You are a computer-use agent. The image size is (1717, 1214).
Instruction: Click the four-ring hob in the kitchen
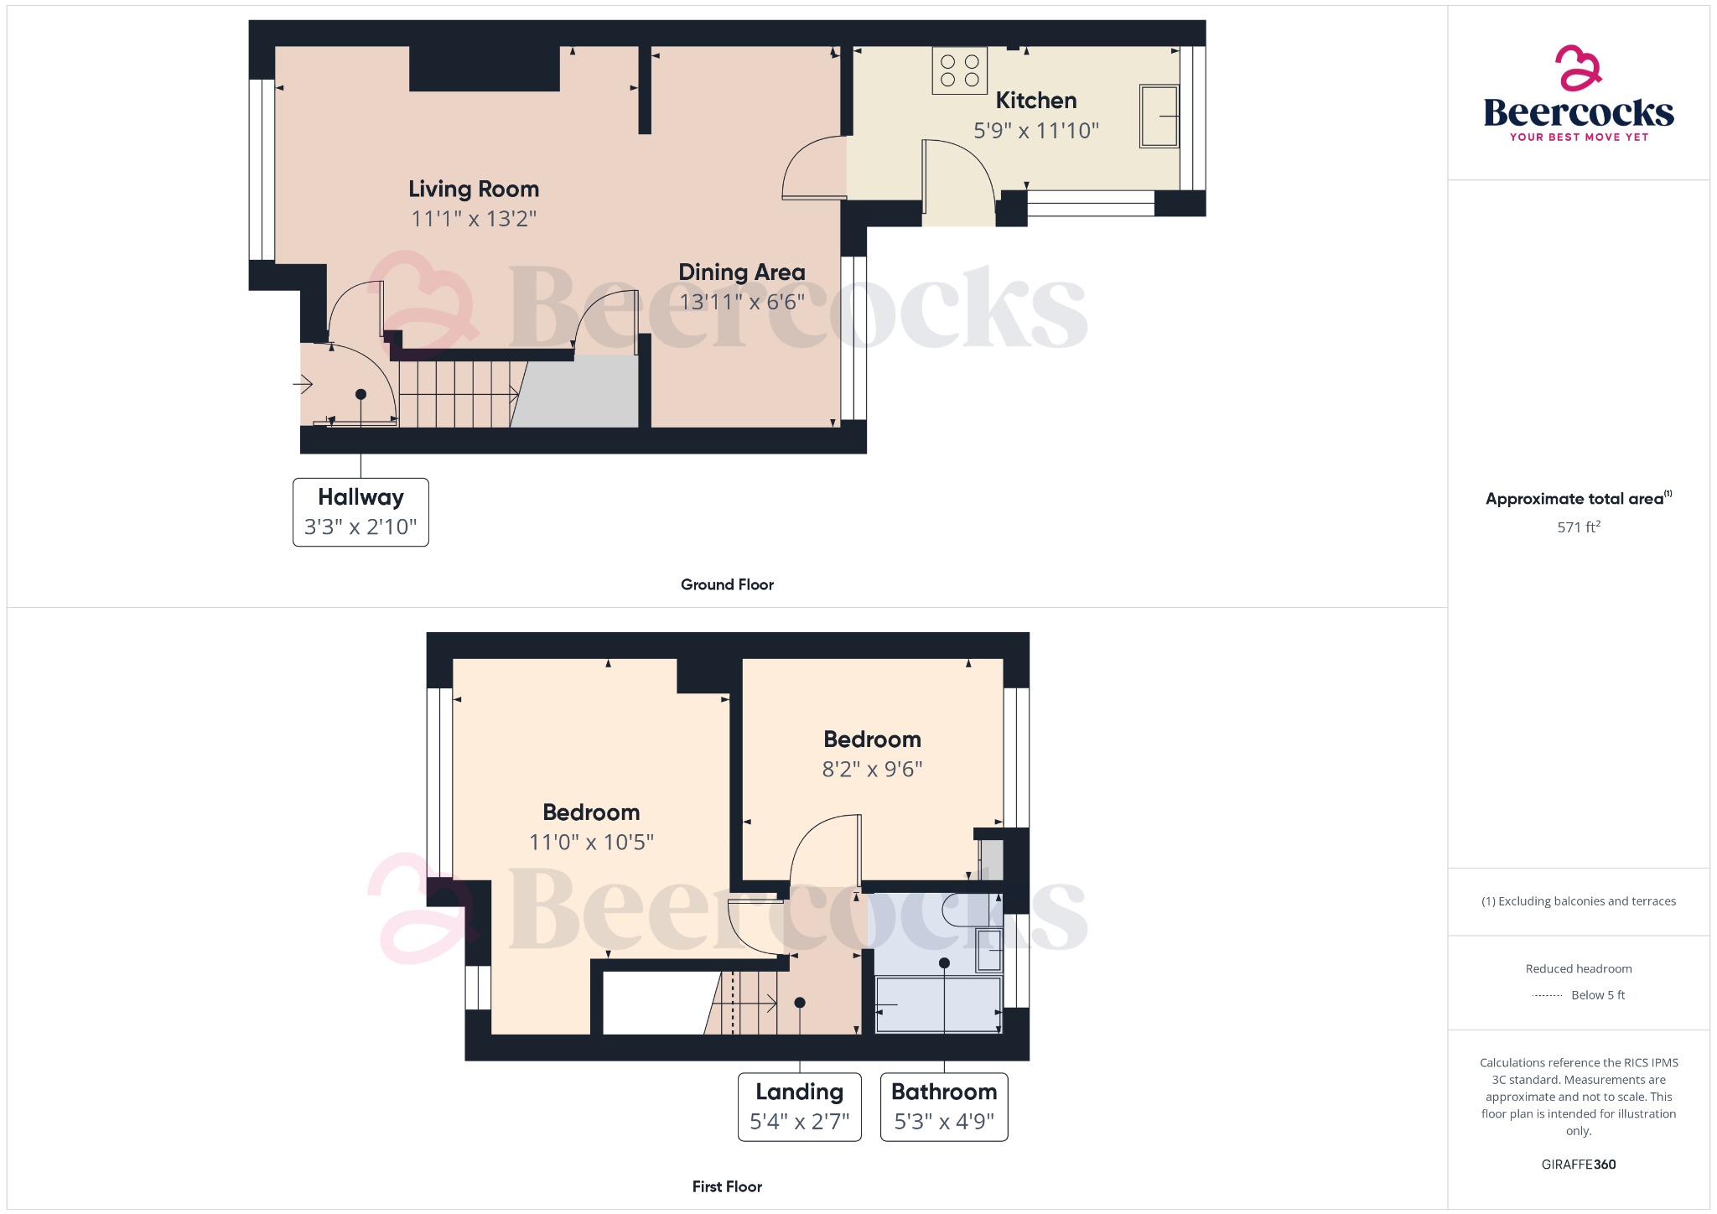coord(960,70)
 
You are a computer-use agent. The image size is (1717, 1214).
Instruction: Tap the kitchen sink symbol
coord(1159,116)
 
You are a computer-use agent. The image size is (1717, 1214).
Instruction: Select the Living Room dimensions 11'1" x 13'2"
coord(474,219)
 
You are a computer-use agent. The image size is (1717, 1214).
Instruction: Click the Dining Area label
coord(741,272)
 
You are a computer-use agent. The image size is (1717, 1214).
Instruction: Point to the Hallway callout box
coord(361,512)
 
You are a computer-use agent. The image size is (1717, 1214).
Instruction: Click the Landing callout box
coord(799,1107)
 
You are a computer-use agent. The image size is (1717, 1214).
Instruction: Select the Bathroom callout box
coord(944,1107)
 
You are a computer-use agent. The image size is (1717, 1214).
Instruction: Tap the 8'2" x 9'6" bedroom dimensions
coord(872,769)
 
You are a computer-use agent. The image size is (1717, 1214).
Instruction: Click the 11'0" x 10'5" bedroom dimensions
coord(591,842)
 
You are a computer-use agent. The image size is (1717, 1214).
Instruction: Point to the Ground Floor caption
coord(727,584)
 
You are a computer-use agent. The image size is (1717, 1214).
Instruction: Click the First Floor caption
coord(727,1186)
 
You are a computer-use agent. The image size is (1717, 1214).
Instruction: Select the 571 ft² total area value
coord(1579,527)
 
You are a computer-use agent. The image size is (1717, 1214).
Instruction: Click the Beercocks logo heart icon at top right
coord(1578,68)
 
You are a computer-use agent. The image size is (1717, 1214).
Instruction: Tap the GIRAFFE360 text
coord(1579,1165)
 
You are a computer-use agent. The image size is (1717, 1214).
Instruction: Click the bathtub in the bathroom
coord(938,1004)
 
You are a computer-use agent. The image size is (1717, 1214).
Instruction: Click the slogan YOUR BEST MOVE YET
coord(1579,137)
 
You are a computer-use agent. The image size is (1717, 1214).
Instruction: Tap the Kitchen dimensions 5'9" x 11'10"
coord(1035,131)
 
